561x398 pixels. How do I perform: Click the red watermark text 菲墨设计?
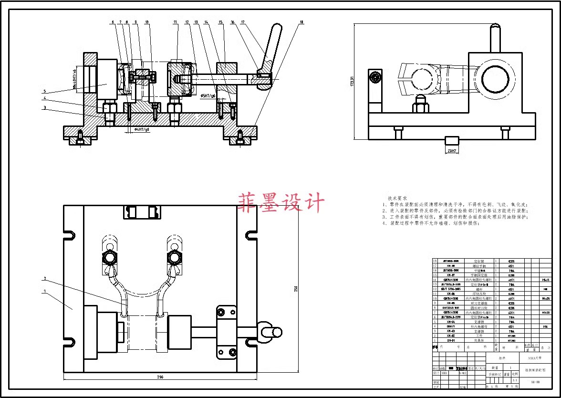(281, 202)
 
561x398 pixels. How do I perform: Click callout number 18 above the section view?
(301, 22)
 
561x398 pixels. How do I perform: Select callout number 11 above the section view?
(175, 22)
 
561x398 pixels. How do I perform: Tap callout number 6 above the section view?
(113, 22)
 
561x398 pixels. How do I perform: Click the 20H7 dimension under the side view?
(451, 151)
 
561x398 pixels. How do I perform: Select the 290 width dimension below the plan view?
(160, 377)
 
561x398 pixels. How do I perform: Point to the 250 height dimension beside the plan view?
(295, 289)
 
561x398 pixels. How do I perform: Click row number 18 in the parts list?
(435, 261)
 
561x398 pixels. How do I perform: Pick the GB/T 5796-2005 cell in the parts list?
(451, 289)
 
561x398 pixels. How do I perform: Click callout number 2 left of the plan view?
(45, 278)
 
